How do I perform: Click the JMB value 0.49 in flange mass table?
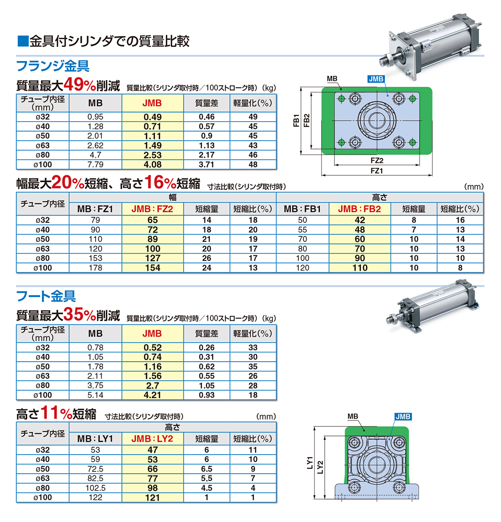point(153,117)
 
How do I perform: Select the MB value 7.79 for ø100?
point(95,164)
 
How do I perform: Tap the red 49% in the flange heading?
point(80,85)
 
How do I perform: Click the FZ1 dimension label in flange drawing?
point(377,171)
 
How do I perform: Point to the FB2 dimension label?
point(307,121)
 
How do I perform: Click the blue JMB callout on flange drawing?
point(376,79)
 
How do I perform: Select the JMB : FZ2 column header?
point(152,209)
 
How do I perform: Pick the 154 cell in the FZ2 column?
point(153,268)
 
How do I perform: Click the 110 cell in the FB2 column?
point(360,268)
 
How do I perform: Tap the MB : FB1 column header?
point(302,209)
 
